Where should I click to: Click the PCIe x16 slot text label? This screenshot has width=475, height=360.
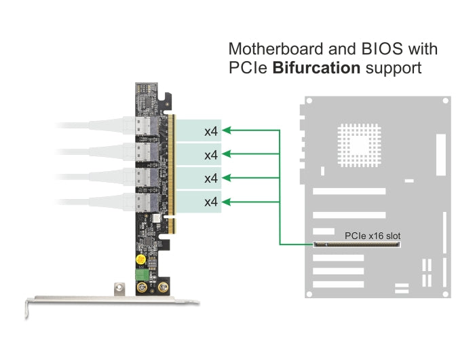[x=373, y=236]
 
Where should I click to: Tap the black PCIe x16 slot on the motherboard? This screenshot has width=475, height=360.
[x=356, y=244]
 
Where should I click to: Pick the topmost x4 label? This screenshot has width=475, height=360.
[x=211, y=130]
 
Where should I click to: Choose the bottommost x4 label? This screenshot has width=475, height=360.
[x=211, y=202]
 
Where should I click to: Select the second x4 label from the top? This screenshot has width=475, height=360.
[x=211, y=155]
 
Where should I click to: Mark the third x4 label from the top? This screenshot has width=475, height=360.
[x=211, y=178]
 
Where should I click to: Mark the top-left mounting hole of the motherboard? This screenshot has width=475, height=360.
[x=309, y=103]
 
